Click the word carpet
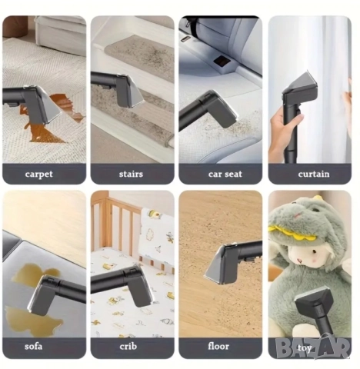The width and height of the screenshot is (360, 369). [38, 175]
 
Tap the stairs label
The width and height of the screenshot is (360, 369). [131, 174]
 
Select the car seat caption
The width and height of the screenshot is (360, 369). [225, 175]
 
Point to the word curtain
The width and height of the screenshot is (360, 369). [314, 174]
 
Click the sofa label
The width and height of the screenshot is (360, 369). [33, 347]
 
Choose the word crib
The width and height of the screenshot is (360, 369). [128, 347]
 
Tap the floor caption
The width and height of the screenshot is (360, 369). [218, 347]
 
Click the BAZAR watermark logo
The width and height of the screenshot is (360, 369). [313, 347]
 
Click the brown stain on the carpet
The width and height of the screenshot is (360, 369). [52, 121]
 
